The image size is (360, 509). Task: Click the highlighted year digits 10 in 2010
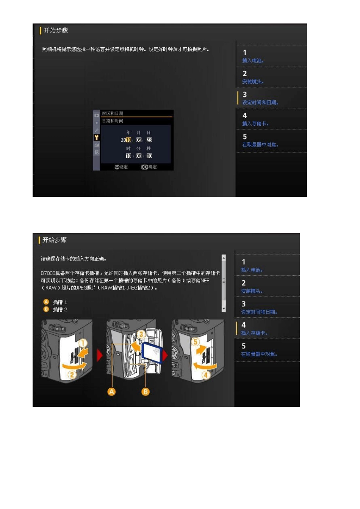tap(128, 140)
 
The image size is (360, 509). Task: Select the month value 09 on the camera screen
tap(139, 140)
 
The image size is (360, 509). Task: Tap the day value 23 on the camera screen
tap(149, 140)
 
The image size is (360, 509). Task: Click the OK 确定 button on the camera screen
tap(149, 167)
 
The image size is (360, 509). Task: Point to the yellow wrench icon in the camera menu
tap(97, 137)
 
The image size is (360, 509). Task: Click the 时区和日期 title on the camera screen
tap(112, 114)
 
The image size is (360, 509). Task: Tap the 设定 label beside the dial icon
tap(124, 167)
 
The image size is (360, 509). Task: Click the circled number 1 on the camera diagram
tap(83, 343)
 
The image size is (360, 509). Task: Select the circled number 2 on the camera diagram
tap(72, 375)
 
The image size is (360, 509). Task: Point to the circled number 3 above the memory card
tap(141, 334)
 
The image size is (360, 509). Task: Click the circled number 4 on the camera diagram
tap(206, 375)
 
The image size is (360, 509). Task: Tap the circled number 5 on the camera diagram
tap(196, 342)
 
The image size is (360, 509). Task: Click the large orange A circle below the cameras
tap(112, 392)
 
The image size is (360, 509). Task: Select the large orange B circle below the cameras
tap(146, 392)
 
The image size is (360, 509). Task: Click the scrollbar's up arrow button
tap(224, 258)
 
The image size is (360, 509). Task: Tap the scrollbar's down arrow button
tap(224, 309)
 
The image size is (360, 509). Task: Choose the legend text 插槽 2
tap(60, 309)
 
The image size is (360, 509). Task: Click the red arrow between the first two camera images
tap(100, 356)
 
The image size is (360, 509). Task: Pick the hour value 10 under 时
tap(128, 156)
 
